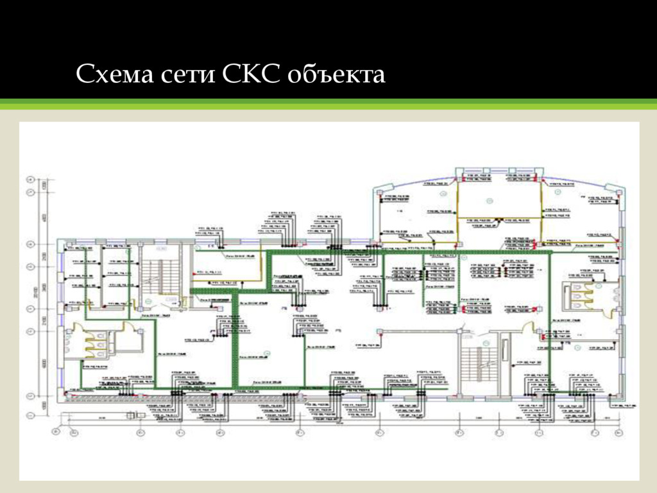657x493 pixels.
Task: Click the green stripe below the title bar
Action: (328, 105)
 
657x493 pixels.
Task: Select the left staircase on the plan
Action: (155, 276)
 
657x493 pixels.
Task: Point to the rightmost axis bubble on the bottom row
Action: (620, 432)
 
